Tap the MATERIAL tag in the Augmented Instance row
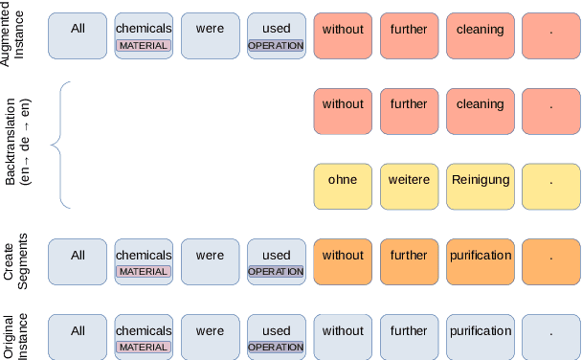(x=143, y=45)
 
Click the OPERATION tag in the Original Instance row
(x=276, y=347)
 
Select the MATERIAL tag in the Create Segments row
(x=143, y=271)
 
